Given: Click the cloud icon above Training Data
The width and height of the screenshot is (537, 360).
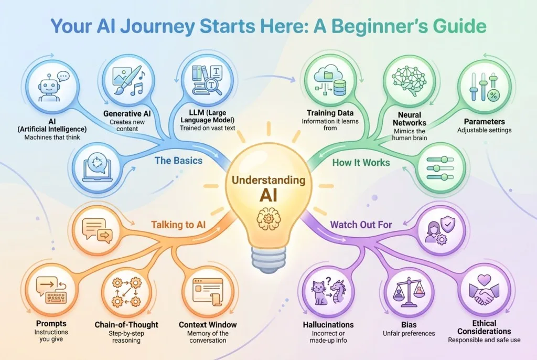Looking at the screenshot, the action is point(328,72).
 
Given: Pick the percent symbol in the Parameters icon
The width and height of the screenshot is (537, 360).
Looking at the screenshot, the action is point(493,96).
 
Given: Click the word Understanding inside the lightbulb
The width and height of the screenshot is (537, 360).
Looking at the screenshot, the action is point(268,180).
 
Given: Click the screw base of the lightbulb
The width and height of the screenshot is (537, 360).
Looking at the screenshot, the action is point(268,259).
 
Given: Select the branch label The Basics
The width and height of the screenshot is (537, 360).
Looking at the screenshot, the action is point(178,161).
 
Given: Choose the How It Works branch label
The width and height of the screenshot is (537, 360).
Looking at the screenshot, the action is point(361,163).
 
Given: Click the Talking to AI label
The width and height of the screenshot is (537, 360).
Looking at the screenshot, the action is point(178,225).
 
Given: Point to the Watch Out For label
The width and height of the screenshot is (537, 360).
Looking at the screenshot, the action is point(361,225).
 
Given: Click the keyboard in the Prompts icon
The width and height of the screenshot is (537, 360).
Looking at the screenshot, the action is point(56,298).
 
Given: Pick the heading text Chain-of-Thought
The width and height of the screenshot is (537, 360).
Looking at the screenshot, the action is point(126,325).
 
